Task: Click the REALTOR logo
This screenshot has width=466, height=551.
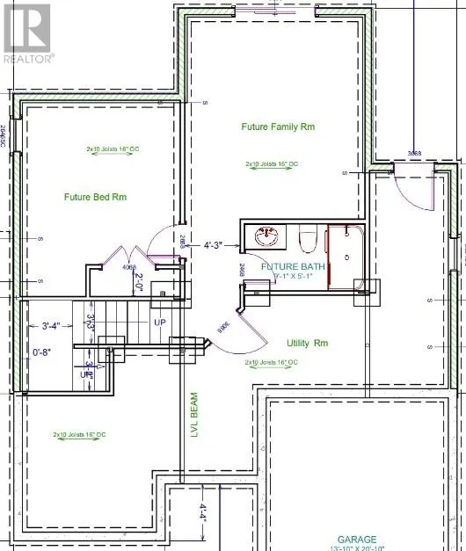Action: [28, 33]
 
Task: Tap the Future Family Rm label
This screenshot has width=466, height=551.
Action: [278, 127]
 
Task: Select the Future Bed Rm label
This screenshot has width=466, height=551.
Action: [95, 197]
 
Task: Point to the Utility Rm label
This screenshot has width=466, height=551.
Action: [307, 343]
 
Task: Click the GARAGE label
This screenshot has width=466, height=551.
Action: [357, 539]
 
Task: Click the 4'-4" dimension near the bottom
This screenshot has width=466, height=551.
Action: [201, 511]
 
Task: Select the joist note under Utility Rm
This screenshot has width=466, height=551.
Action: [272, 362]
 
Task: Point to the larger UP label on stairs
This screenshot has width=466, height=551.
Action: [159, 323]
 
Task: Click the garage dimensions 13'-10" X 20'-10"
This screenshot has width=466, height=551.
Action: [357, 548]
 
